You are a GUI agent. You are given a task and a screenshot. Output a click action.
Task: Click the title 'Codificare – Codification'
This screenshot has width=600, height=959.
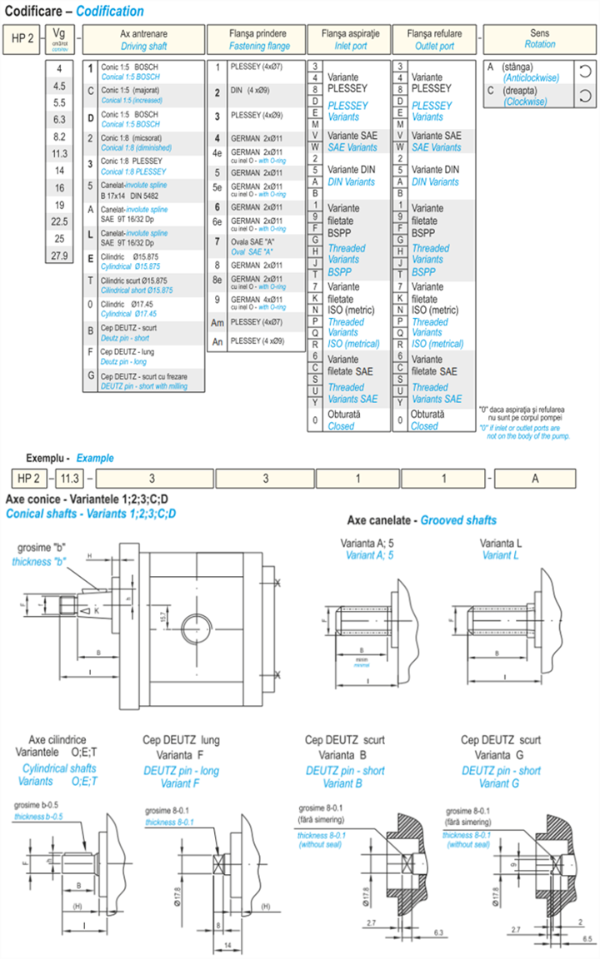[x=76, y=12]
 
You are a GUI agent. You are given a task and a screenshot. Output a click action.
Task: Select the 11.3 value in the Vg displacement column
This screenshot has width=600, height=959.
[x=59, y=153]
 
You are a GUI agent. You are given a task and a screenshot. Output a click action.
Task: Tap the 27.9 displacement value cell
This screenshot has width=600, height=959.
[x=59, y=256]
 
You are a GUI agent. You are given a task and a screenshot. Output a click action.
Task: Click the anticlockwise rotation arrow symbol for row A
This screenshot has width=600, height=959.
[x=585, y=72]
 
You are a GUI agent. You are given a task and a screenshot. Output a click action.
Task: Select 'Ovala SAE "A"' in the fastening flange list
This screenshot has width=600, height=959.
[x=255, y=246]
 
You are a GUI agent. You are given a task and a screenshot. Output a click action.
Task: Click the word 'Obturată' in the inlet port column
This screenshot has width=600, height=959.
[x=344, y=414]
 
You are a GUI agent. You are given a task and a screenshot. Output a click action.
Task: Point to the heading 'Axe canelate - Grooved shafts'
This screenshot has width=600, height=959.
[x=422, y=520]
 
